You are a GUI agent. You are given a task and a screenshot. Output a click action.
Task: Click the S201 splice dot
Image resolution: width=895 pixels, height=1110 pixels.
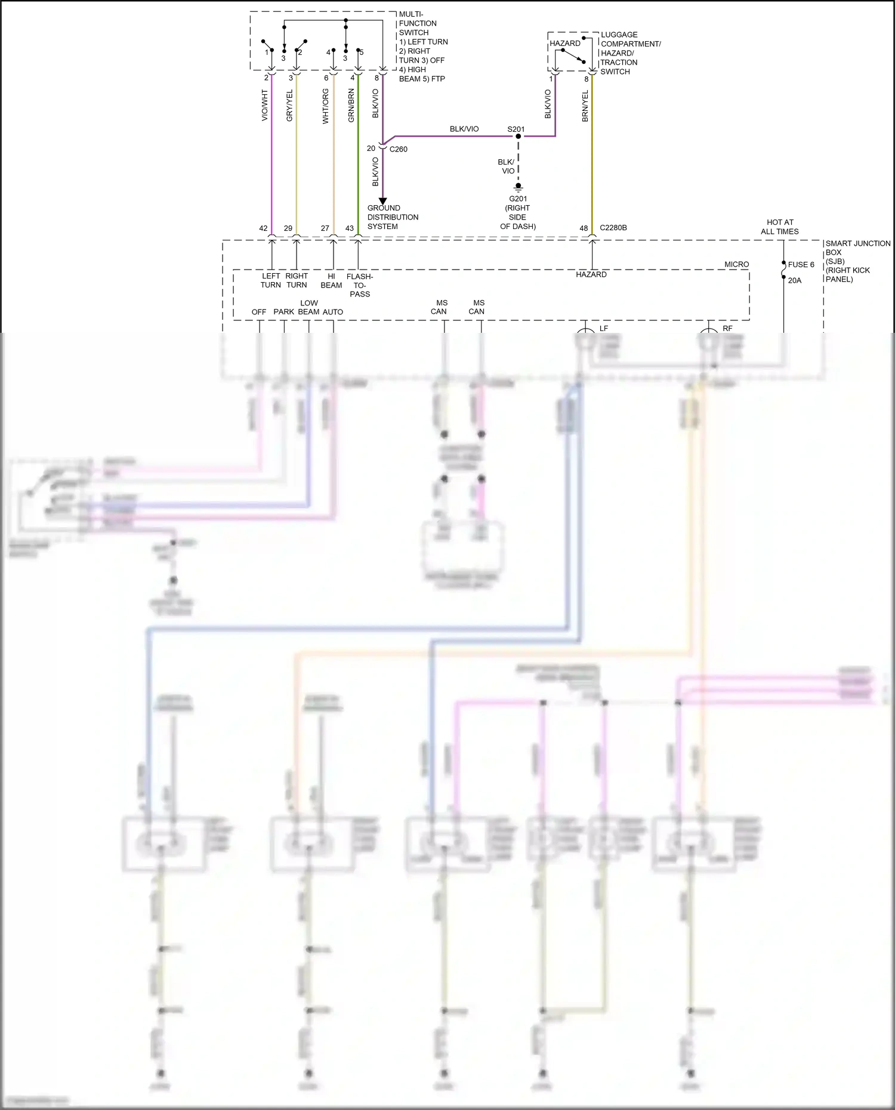518,137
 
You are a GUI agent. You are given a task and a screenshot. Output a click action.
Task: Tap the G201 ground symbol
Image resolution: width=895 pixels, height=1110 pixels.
518,187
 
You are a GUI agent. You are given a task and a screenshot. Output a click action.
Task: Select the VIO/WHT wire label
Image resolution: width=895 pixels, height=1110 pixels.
264,106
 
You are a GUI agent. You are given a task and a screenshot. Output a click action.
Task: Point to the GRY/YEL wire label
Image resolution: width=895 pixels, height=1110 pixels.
289,106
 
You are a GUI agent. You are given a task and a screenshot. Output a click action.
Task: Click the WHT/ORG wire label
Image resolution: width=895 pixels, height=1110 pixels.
325,106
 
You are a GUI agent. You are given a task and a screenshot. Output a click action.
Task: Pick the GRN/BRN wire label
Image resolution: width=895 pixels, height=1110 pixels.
351,106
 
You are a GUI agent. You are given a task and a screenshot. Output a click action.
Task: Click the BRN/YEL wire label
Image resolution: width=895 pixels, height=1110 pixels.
585,106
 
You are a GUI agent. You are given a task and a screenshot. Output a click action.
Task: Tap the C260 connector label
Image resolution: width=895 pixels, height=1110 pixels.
398,149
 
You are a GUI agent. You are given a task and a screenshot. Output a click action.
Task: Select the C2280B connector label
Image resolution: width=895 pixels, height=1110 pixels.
613,228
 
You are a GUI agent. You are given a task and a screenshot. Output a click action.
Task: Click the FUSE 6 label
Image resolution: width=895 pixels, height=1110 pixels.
801,265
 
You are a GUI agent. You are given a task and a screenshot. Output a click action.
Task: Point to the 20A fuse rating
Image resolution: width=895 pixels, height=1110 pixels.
795,280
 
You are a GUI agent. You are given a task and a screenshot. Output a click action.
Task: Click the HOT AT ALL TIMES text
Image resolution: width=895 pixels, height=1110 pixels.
780,227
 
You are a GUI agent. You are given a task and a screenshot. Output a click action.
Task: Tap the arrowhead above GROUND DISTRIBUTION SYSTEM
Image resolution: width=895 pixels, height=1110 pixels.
382,201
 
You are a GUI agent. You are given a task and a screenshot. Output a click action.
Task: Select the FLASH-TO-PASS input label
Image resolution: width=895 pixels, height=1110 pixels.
360,285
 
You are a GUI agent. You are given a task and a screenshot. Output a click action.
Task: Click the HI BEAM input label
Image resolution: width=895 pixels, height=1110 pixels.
331,281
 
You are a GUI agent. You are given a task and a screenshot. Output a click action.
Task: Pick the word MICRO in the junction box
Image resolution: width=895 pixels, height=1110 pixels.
736,264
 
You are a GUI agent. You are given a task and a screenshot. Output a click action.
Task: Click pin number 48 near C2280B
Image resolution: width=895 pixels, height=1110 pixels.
584,228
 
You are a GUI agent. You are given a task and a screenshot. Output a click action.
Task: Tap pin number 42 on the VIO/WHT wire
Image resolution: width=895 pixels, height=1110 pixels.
263,228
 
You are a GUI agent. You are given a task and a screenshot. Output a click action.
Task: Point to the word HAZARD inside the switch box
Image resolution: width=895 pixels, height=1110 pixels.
564,44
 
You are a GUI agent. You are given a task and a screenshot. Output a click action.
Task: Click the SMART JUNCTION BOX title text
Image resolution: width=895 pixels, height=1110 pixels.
857,248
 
